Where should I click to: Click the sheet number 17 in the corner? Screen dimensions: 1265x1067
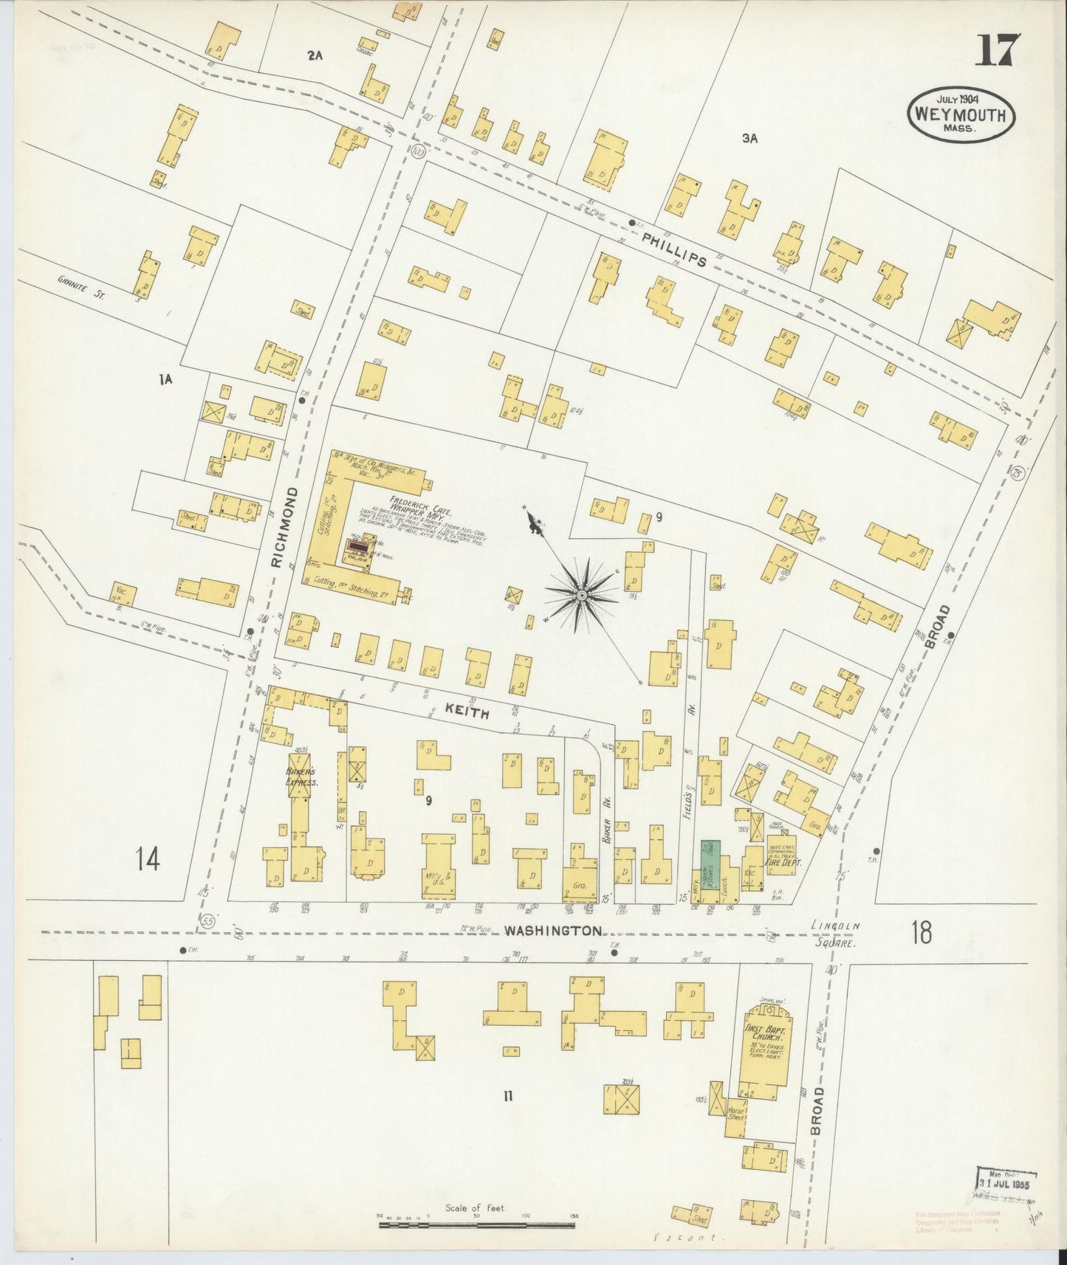tap(1000, 51)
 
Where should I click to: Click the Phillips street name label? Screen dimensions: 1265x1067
tap(674, 249)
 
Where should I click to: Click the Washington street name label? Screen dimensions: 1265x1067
tap(553, 931)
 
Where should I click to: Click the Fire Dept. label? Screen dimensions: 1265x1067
tap(783, 861)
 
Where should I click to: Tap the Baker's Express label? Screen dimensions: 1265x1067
tap(301, 778)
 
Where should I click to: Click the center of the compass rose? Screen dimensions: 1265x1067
tap(581, 594)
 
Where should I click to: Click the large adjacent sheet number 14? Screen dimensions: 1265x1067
tap(148, 859)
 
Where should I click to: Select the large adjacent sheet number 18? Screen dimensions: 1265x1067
tap(921, 933)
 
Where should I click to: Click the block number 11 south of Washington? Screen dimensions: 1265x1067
tap(507, 1096)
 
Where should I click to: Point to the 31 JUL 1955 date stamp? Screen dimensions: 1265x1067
tap(1008, 1181)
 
